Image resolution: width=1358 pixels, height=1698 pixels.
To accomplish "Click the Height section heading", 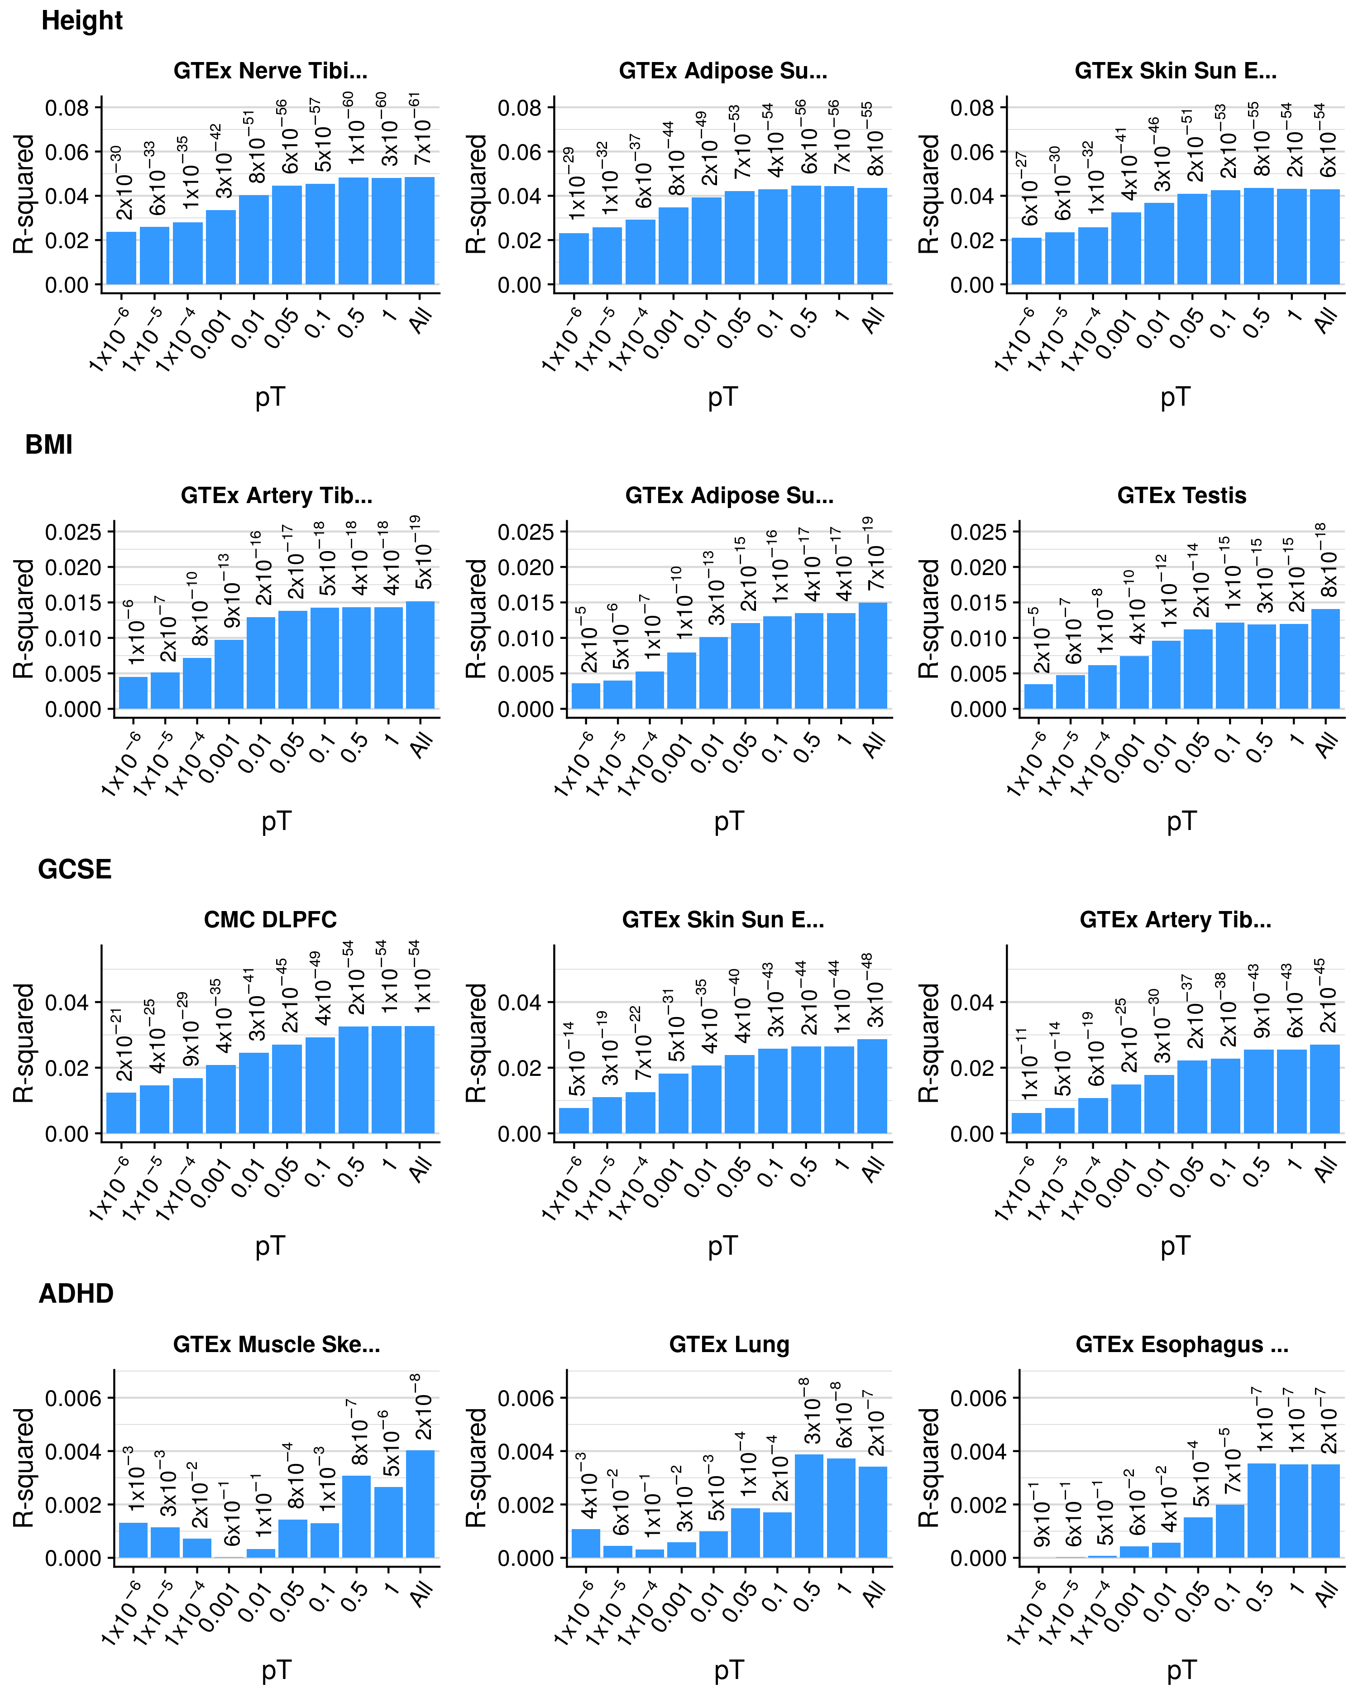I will click(x=82, y=20).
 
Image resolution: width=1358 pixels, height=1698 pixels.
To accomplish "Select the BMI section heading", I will click(x=49, y=445).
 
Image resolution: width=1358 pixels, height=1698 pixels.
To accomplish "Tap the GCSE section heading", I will click(x=75, y=869).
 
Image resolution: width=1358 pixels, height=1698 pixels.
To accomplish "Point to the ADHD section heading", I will click(x=77, y=1294).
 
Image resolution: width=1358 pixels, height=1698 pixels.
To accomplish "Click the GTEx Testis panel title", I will click(x=1181, y=495).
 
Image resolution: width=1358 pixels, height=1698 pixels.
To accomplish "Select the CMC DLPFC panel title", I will click(x=270, y=920).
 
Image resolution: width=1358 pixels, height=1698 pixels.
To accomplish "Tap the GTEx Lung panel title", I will click(x=729, y=1344).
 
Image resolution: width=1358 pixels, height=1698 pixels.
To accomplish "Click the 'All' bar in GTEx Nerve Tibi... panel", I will click(x=420, y=231).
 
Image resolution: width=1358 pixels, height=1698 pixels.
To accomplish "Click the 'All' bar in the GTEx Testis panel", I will click(x=1326, y=659).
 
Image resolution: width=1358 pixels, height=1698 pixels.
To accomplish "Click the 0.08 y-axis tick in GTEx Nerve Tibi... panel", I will click(x=67, y=108).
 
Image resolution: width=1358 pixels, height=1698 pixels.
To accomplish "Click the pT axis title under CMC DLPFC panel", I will click(x=270, y=1246).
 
